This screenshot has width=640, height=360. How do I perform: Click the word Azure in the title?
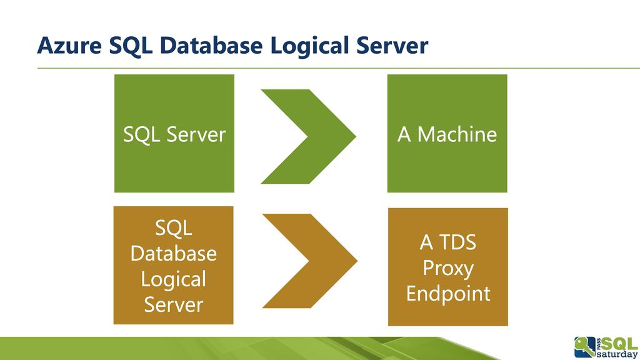69,46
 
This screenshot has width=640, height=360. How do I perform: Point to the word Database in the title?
211,45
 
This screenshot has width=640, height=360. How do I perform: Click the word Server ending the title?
392,46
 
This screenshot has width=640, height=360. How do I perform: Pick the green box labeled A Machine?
447,134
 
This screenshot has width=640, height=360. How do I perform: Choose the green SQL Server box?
174,134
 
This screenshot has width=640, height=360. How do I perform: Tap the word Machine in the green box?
457,134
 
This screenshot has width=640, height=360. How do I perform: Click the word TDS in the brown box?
457,242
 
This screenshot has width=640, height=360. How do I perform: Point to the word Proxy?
448,269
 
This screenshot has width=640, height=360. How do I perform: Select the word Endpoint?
448,294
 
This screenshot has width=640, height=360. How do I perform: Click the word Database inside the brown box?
174,254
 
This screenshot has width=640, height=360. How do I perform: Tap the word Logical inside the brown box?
174,280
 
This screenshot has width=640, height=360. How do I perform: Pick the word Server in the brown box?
174,305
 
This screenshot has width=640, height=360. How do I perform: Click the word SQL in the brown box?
174,227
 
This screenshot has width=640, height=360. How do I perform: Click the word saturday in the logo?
617,354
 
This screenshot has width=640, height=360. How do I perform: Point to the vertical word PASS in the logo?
598,343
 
